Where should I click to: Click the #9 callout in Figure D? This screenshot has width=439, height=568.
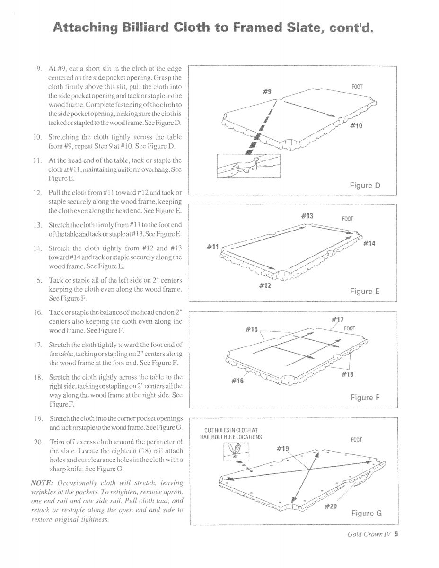(x=267, y=92)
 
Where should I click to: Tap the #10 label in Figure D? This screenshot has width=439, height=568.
(x=356, y=126)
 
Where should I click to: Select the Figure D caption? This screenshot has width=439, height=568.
(x=365, y=186)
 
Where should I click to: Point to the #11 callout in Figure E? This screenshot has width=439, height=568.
(x=214, y=247)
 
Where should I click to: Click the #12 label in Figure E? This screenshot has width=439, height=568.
(x=265, y=285)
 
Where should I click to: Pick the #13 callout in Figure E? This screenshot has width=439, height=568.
(x=307, y=216)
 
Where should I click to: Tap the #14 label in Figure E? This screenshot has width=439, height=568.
(x=369, y=243)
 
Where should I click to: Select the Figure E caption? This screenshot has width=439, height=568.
(x=365, y=292)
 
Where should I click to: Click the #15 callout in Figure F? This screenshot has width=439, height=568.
(x=251, y=328)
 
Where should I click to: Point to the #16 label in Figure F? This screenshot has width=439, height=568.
(x=238, y=380)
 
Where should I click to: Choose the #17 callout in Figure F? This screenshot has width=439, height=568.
(x=337, y=319)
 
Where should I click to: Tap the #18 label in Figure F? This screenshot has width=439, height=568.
(x=347, y=375)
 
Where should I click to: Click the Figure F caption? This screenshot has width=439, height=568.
(x=365, y=398)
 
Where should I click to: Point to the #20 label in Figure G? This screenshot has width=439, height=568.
(x=331, y=506)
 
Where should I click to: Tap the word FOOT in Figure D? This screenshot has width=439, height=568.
(x=357, y=87)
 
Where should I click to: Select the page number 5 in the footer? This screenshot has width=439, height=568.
(x=396, y=548)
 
